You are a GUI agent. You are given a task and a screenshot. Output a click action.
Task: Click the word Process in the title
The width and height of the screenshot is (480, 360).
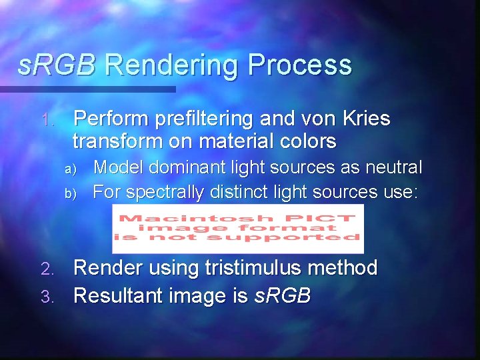(300, 65)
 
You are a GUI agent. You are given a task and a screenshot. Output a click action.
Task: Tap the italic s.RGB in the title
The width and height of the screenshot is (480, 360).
(57, 65)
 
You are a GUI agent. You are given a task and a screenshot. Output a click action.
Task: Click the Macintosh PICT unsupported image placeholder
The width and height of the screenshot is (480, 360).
(238, 229)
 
